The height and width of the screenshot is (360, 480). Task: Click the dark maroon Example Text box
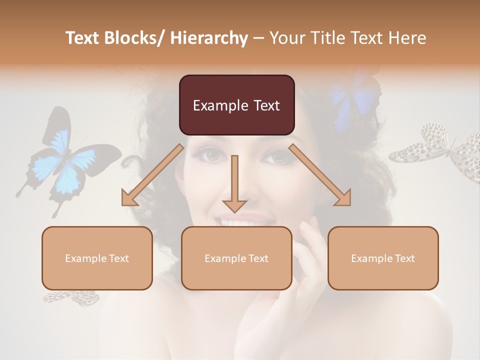[x=236, y=105]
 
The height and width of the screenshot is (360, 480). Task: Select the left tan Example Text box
[x=97, y=258]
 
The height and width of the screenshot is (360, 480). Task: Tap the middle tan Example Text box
[x=236, y=258]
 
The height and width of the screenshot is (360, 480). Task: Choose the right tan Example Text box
[x=383, y=258]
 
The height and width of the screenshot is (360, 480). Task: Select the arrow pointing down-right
[x=320, y=175]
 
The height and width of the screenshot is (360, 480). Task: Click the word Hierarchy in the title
[x=208, y=38]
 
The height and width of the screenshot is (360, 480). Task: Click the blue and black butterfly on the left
[x=65, y=160]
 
